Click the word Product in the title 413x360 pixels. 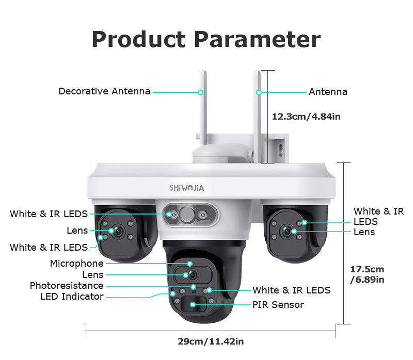138,40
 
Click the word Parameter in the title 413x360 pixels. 257,40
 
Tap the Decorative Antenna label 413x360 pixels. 104,91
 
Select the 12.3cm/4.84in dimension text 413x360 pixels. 306,117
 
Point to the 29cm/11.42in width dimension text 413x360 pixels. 211,341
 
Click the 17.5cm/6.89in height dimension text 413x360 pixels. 367,274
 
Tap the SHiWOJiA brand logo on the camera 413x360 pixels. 186,188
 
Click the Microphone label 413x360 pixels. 76,264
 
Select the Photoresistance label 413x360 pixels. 67,286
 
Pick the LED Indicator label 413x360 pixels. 72,297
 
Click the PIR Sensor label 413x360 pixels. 278,305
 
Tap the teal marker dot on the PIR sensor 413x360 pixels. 193,304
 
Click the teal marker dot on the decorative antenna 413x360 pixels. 200,92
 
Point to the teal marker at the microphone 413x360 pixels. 189,264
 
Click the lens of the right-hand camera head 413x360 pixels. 287,231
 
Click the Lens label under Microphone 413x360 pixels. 93,275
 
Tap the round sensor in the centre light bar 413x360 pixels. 187,215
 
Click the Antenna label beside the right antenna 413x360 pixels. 328,92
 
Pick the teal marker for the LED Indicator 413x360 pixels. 173,293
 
